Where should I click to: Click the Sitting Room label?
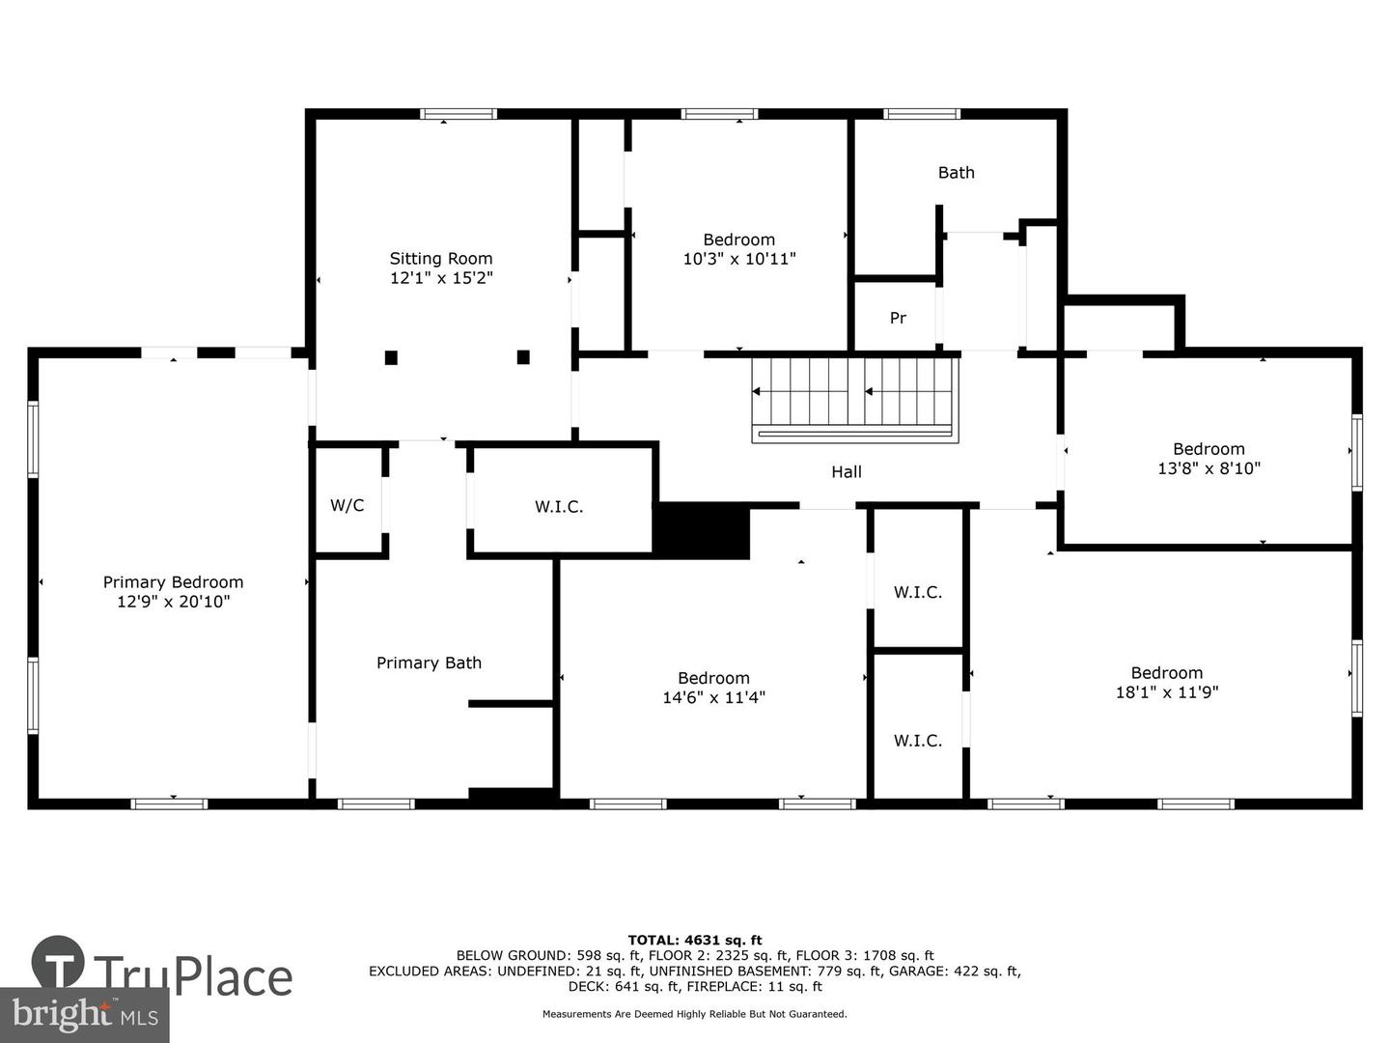pyautogui.click(x=441, y=259)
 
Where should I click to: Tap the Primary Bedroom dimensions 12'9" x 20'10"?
pyautogui.click(x=173, y=601)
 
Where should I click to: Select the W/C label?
pyautogui.click(x=347, y=505)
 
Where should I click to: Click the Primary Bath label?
pyautogui.click(x=429, y=662)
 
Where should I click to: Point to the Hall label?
pyautogui.click(x=846, y=471)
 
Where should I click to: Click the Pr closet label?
pyautogui.click(x=898, y=318)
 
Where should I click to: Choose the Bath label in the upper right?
pyautogui.click(x=957, y=172)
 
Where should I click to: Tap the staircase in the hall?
pyautogui.click(x=855, y=400)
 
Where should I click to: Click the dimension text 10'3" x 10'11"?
pyautogui.click(x=739, y=259)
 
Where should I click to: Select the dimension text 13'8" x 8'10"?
pyautogui.click(x=1209, y=468)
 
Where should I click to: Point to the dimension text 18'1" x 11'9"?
pyautogui.click(x=1166, y=691)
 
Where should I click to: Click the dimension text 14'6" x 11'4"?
pyautogui.click(x=713, y=697)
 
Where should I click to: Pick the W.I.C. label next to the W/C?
pyautogui.click(x=559, y=507)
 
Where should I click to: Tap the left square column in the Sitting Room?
pyautogui.click(x=391, y=357)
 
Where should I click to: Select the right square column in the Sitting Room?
pyautogui.click(x=523, y=357)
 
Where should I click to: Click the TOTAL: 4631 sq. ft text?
pyautogui.click(x=695, y=940)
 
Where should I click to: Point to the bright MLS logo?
pyautogui.click(x=85, y=1014)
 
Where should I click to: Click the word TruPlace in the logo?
pyautogui.click(x=194, y=977)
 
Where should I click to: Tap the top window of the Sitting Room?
pyautogui.click(x=459, y=114)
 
